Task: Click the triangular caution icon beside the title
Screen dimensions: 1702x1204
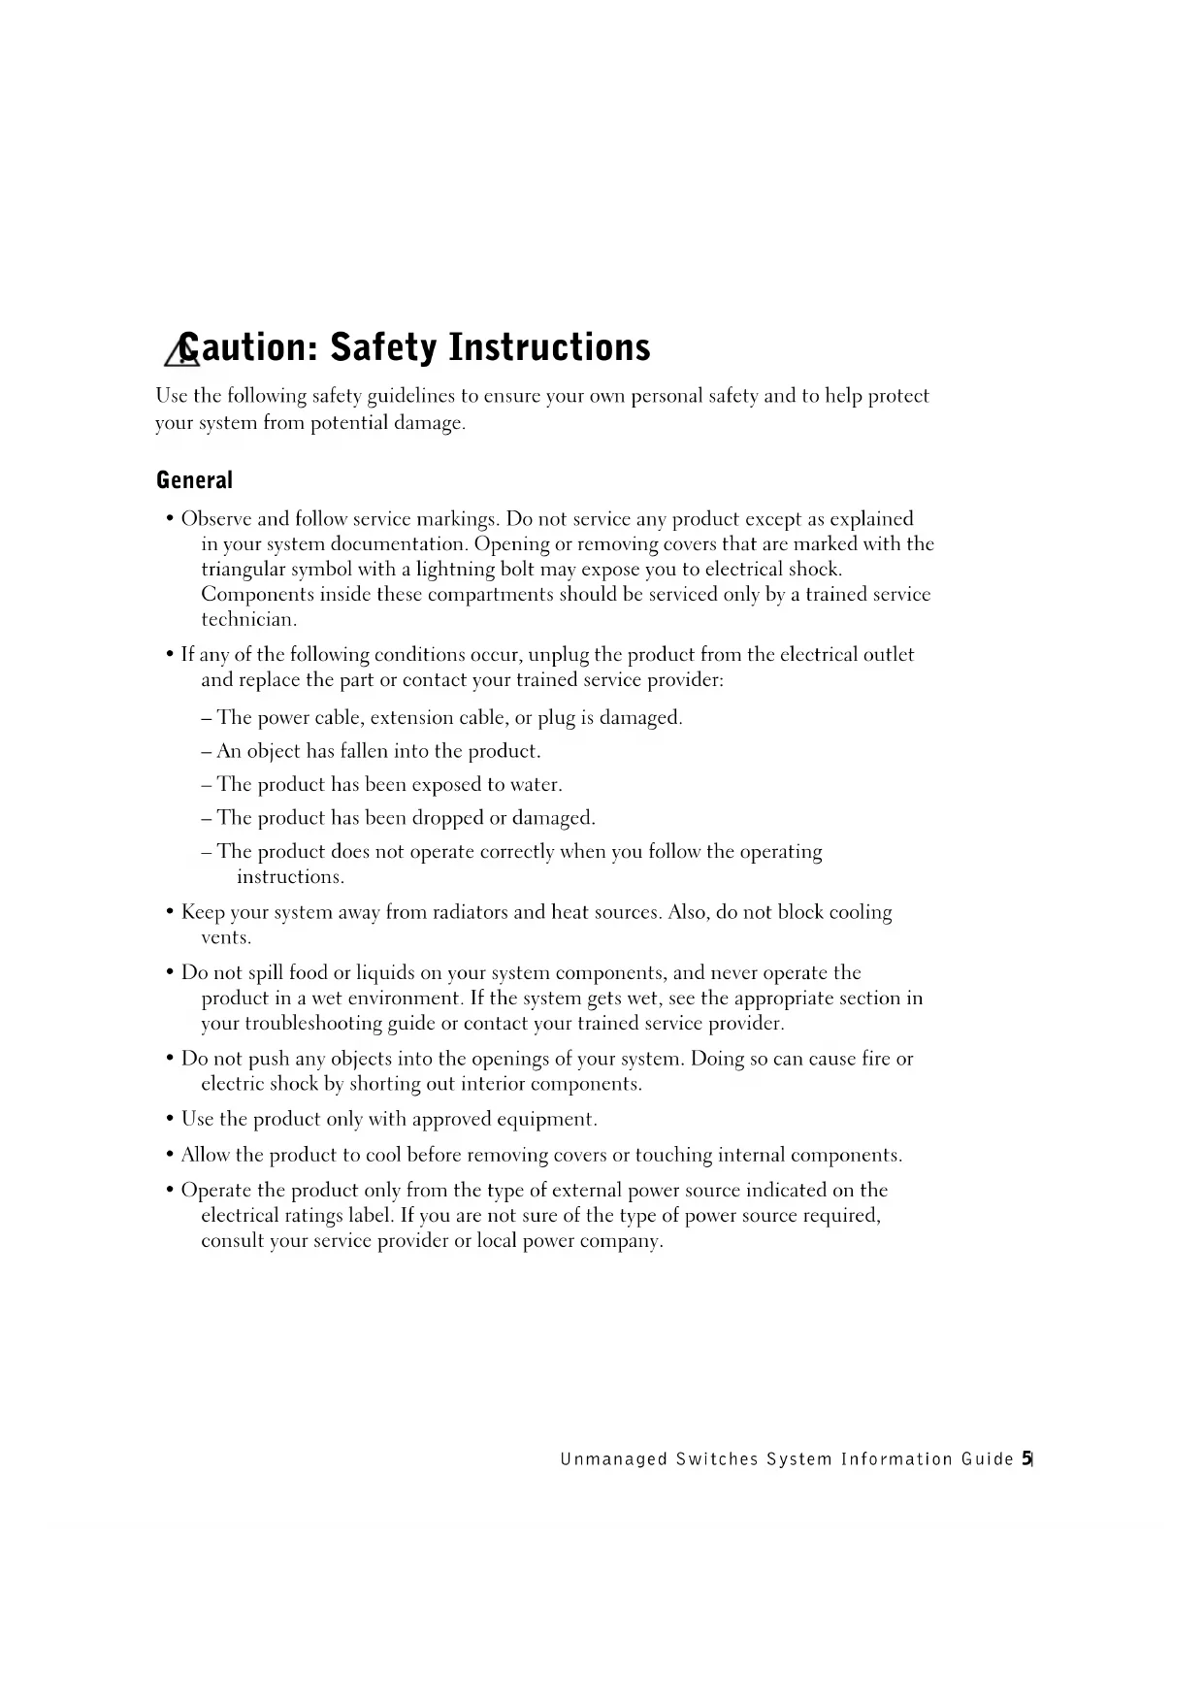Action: (179, 351)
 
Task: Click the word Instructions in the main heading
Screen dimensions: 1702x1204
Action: (548, 347)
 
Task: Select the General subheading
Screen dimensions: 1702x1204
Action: (194, 480)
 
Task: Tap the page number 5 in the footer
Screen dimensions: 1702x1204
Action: (1025, 1458)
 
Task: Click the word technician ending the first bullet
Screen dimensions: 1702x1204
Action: (248, 619)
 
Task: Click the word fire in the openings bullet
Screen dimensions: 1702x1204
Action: (876, 1059)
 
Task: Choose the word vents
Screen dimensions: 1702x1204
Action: (225, 937)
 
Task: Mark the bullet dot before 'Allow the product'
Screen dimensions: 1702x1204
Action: (170, 1156)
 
